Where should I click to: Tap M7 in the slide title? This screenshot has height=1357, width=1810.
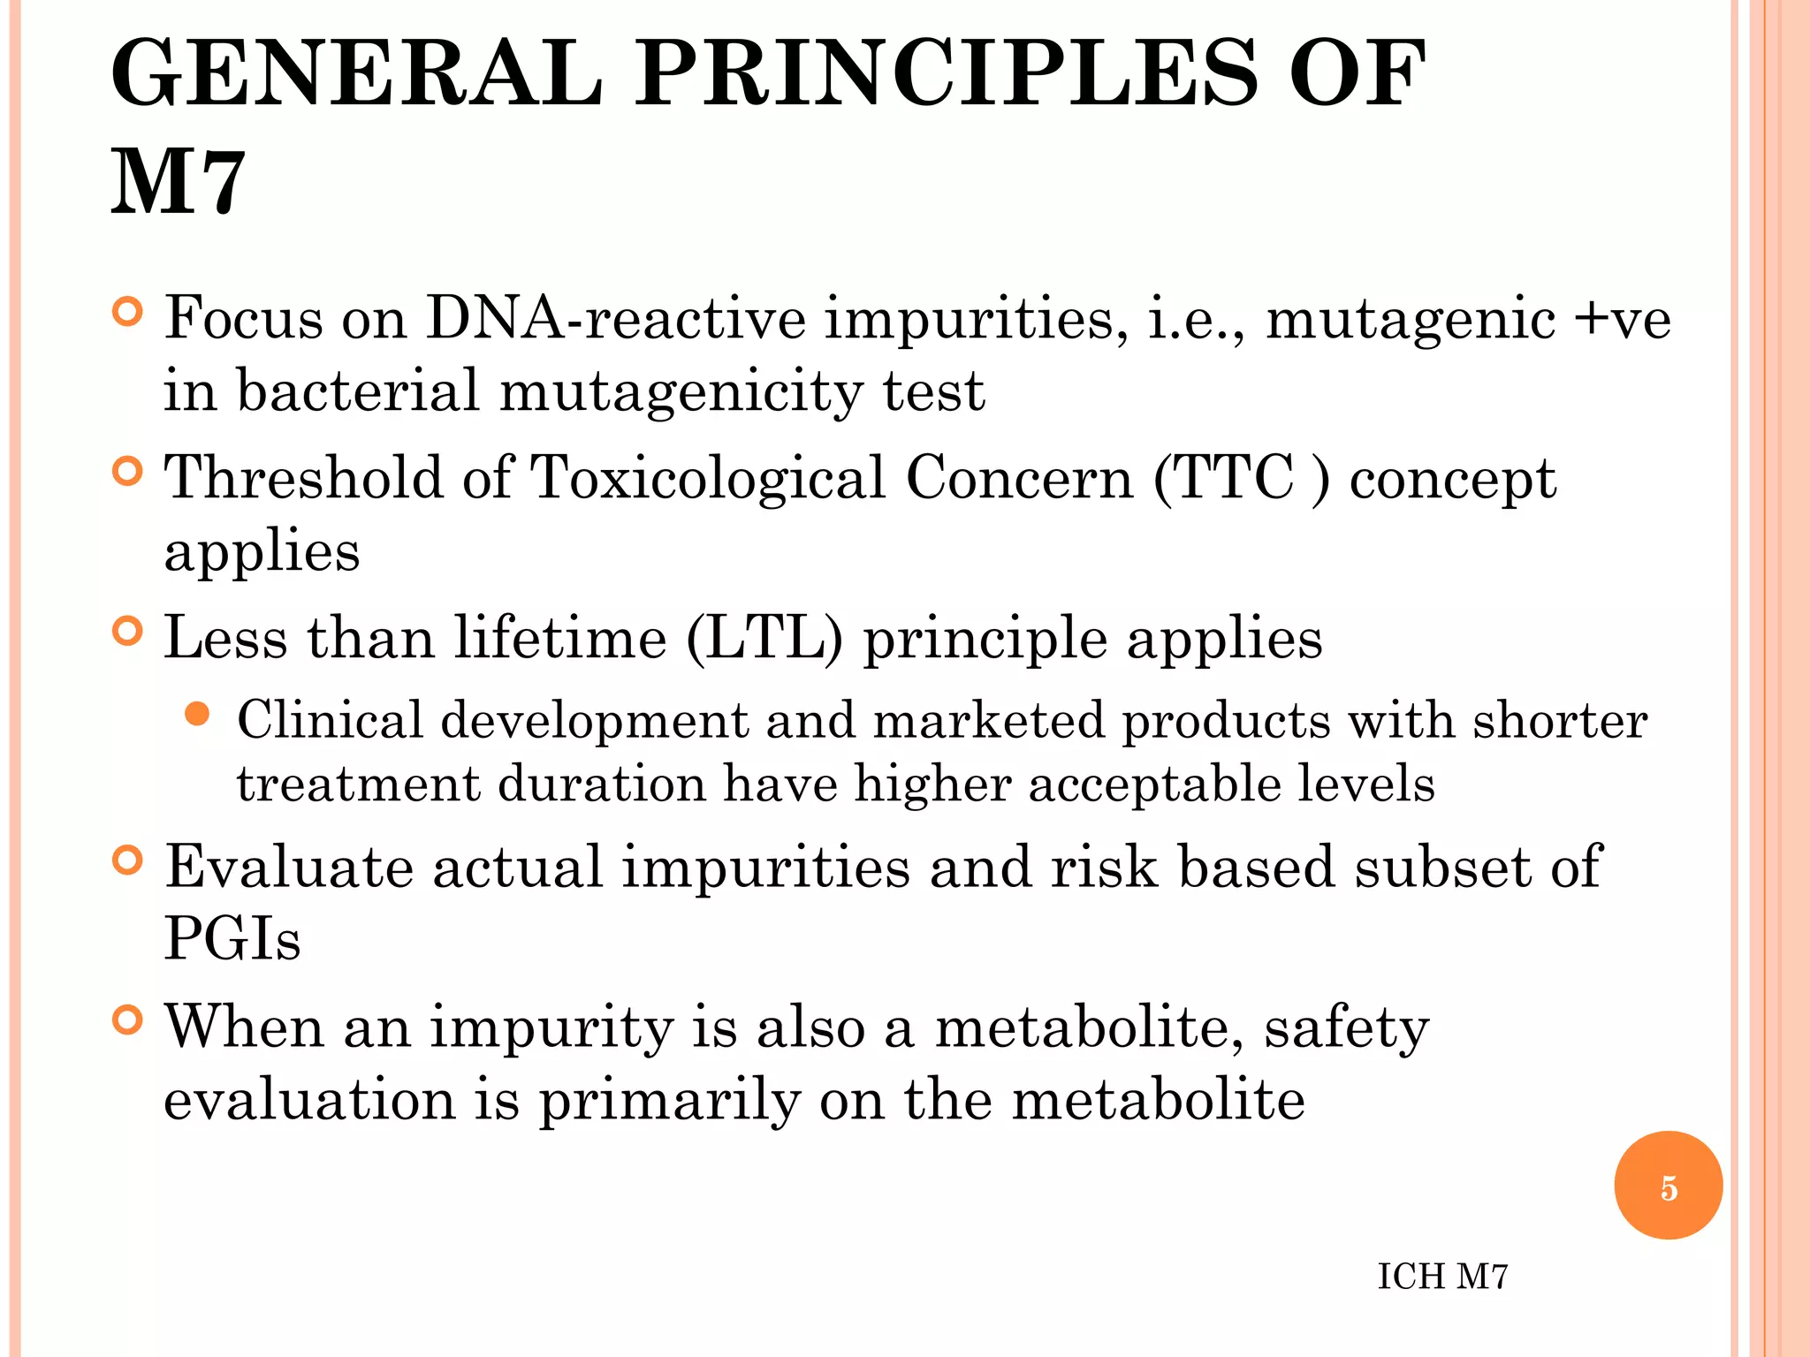178,183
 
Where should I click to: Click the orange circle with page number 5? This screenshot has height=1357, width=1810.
1668,1186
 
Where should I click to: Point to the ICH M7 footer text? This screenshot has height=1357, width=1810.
1442,1277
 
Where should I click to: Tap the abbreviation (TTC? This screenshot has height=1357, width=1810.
1224,478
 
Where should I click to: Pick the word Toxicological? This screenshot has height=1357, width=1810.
707,478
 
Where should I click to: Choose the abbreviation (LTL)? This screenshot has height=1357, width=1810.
764,638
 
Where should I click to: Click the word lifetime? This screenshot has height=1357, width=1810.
560,638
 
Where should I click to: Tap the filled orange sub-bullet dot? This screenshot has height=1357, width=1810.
197,714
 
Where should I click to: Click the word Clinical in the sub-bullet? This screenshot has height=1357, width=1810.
330,720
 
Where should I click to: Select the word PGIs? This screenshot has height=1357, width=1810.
232,938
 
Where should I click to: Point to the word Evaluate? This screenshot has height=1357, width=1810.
289,867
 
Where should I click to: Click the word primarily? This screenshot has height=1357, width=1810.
670,1101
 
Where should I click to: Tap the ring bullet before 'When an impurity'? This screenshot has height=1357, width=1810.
128,1020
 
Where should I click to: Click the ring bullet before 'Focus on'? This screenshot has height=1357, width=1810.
128,313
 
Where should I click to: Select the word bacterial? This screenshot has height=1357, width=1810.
358,390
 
